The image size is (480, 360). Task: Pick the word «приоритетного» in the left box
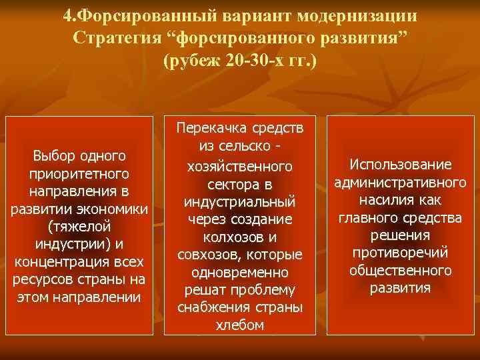pos(79,173)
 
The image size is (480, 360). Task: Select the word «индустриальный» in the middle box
pos(240,201)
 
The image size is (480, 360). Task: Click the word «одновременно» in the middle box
pos(240,273)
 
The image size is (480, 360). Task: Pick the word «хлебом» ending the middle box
pos(240,325)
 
